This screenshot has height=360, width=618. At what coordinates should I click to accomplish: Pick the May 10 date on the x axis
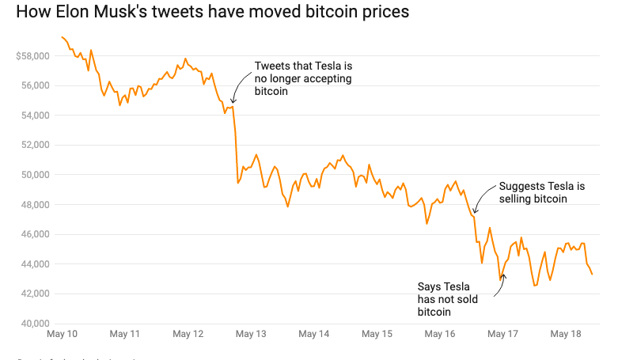point(62,335)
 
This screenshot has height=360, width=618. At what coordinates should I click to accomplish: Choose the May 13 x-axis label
point(251,335)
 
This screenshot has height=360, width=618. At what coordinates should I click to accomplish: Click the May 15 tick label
point(377,335)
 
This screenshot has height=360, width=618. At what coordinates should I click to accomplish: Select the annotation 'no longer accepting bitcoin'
point(303,79)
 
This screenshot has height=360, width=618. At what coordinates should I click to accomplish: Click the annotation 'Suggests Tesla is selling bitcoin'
point(542,192)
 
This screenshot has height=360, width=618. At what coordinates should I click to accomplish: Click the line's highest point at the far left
point(62,36)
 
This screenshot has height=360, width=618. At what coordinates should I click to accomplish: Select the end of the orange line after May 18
point(593,275)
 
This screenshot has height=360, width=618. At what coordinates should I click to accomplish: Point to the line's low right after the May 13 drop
point(238,184)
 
